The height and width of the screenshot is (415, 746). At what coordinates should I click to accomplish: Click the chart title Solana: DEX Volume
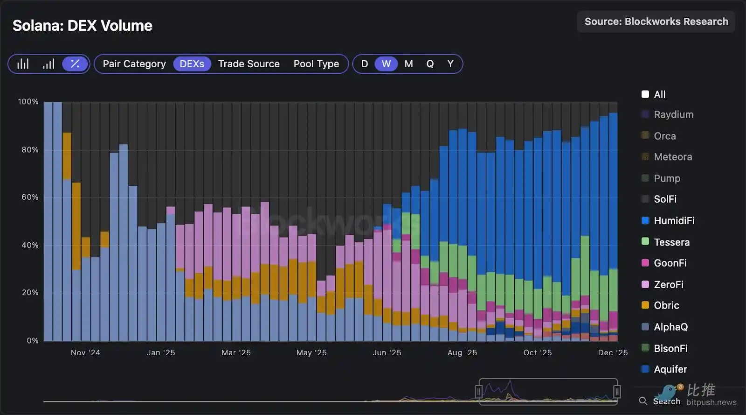coord(82,26)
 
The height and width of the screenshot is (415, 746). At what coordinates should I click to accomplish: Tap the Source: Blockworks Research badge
coord(656,21)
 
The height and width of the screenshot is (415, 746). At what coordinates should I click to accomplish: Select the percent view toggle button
coord(75,64)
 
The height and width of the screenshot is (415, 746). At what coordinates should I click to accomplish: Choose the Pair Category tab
coord(134,64)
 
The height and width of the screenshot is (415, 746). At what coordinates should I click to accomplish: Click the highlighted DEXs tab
coord(192,64)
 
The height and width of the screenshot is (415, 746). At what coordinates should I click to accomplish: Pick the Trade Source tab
coord(249,64)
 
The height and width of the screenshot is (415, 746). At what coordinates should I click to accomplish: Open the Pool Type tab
coord(316,64)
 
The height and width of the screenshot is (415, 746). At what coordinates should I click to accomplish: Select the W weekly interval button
coord(386,64)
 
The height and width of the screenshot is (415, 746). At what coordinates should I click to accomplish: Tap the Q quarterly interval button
coord(430,64)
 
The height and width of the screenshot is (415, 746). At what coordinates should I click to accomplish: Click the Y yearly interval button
coord(450,64)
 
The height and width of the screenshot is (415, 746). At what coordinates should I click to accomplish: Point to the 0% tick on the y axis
coord(32,341)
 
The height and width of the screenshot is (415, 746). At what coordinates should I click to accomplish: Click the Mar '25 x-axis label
coord(236,353)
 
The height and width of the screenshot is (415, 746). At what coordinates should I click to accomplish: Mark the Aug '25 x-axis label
coord(462,353)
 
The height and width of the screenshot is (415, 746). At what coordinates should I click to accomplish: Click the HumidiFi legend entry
coord(674,221)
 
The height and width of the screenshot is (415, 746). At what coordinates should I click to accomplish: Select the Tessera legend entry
coord(671,242)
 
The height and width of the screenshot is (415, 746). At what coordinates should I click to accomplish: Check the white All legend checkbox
coord(645,94)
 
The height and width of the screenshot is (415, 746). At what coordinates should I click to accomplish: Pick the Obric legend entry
coord(666,306)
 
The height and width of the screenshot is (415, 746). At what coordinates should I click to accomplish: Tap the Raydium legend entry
coord(673,115)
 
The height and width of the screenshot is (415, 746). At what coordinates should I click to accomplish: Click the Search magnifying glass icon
coord(643,401)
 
